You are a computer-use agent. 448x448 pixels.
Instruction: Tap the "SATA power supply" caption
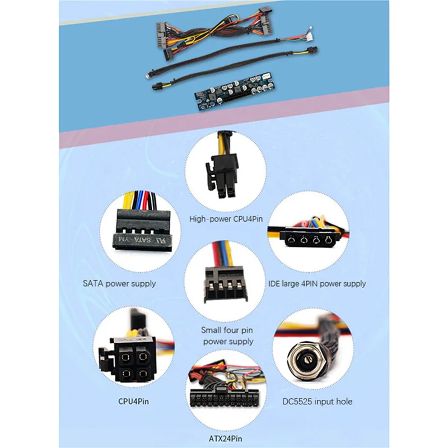coord(119,283)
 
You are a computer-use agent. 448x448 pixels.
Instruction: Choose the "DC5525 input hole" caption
coord(316,400)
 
